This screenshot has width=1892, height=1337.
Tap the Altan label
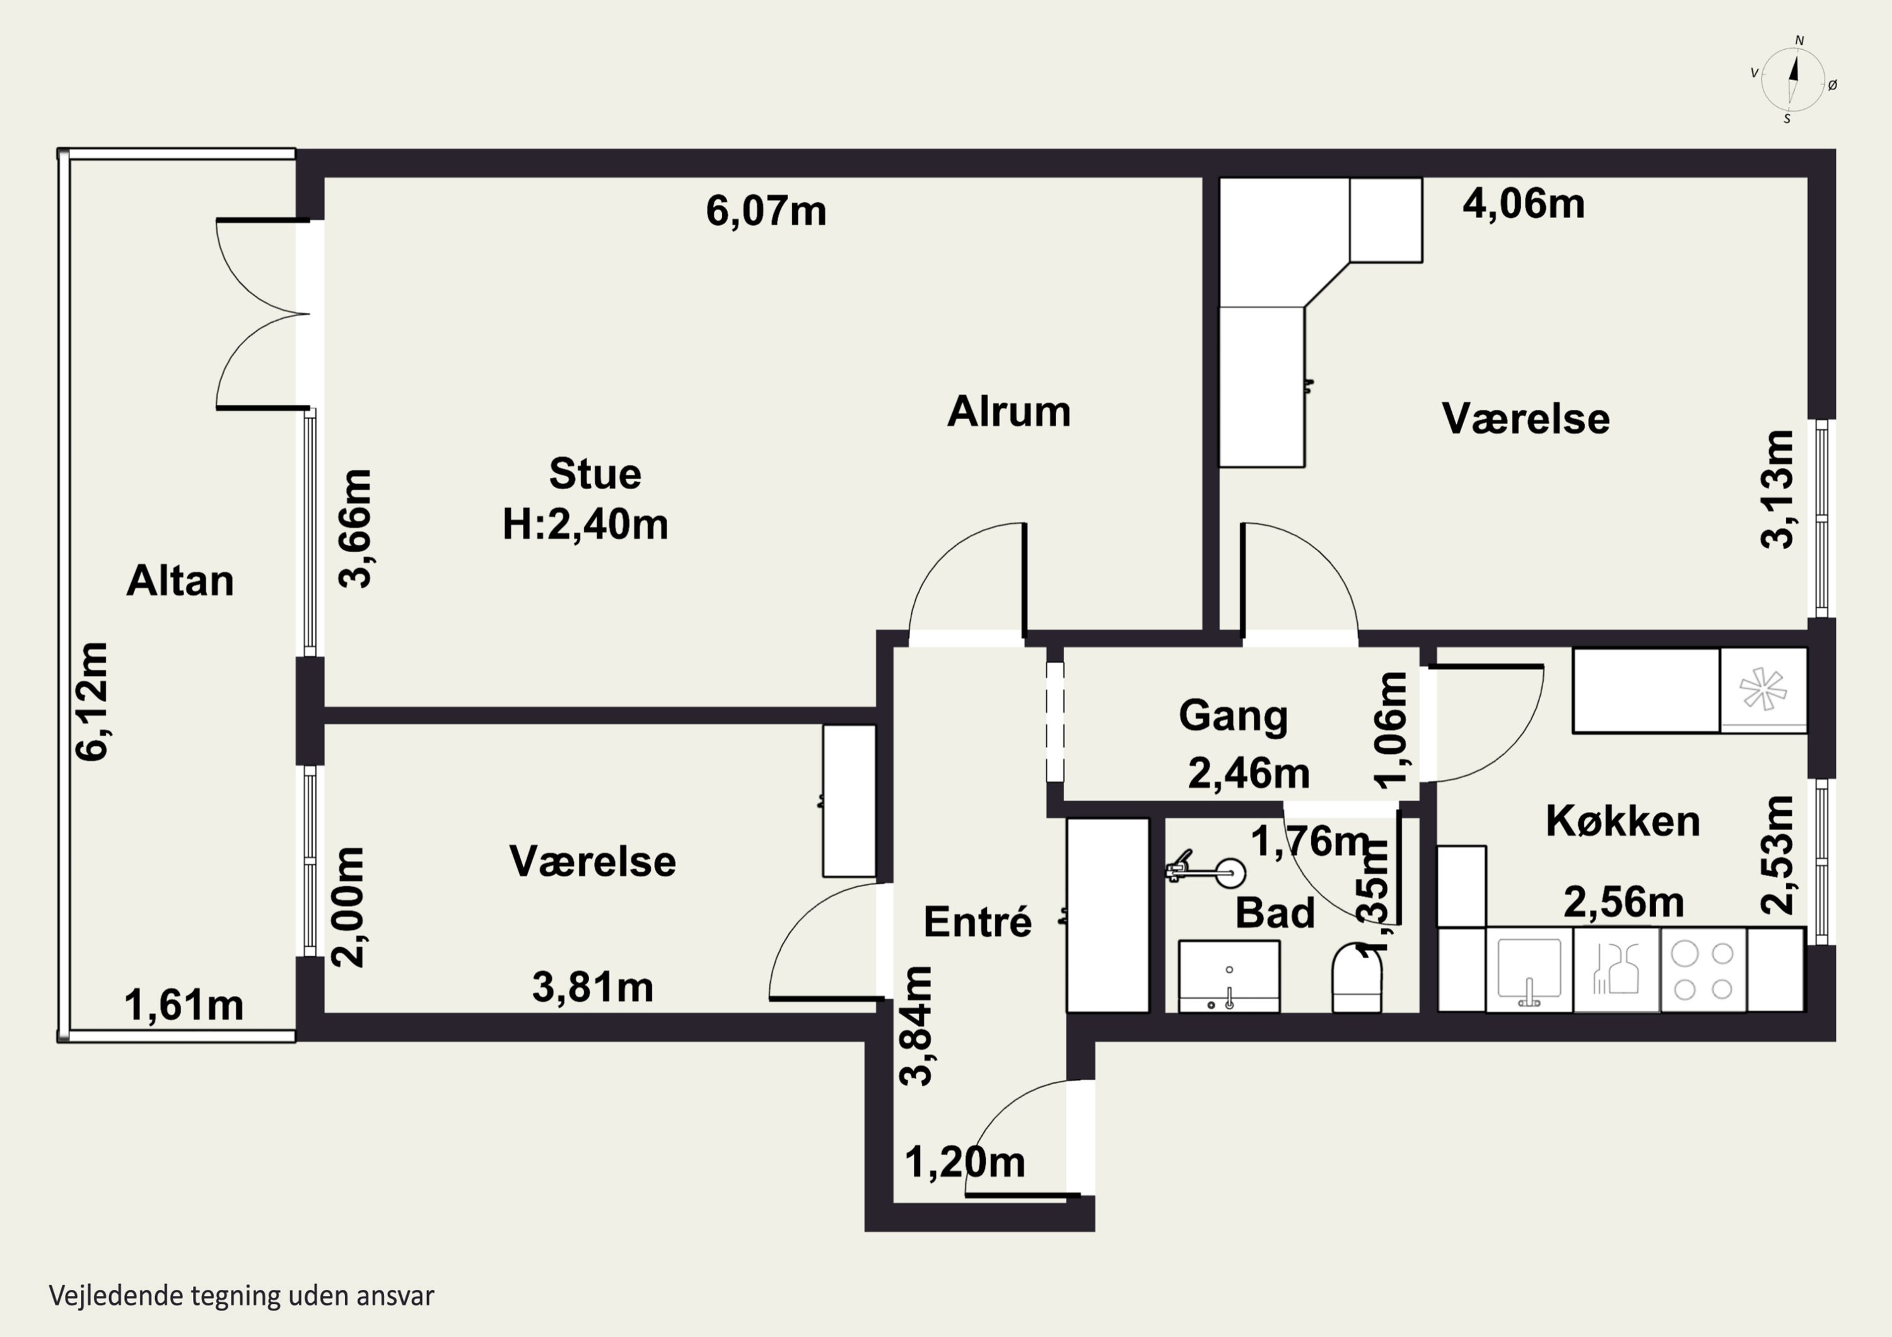pyautogui.click(x=180, y=581)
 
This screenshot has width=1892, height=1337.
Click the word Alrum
pyautogui.click(x=1008, y=411)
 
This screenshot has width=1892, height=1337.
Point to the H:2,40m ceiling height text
pyautogui.click(x=585, y=524)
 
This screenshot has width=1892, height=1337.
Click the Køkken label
pyautogui.click(x=1623, y=821)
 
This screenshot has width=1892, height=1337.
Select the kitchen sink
pyautogui.click(x=1529, y=969)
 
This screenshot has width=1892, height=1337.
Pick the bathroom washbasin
pyautogui.click(x=1229, y=976)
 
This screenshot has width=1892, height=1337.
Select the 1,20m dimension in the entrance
pyautogui.click(x=965, y=1162)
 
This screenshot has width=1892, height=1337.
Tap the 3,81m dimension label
pyautogui.click(x=592, y=987)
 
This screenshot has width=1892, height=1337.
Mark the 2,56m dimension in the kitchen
pyautogui.click(x=1623, y=902)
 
